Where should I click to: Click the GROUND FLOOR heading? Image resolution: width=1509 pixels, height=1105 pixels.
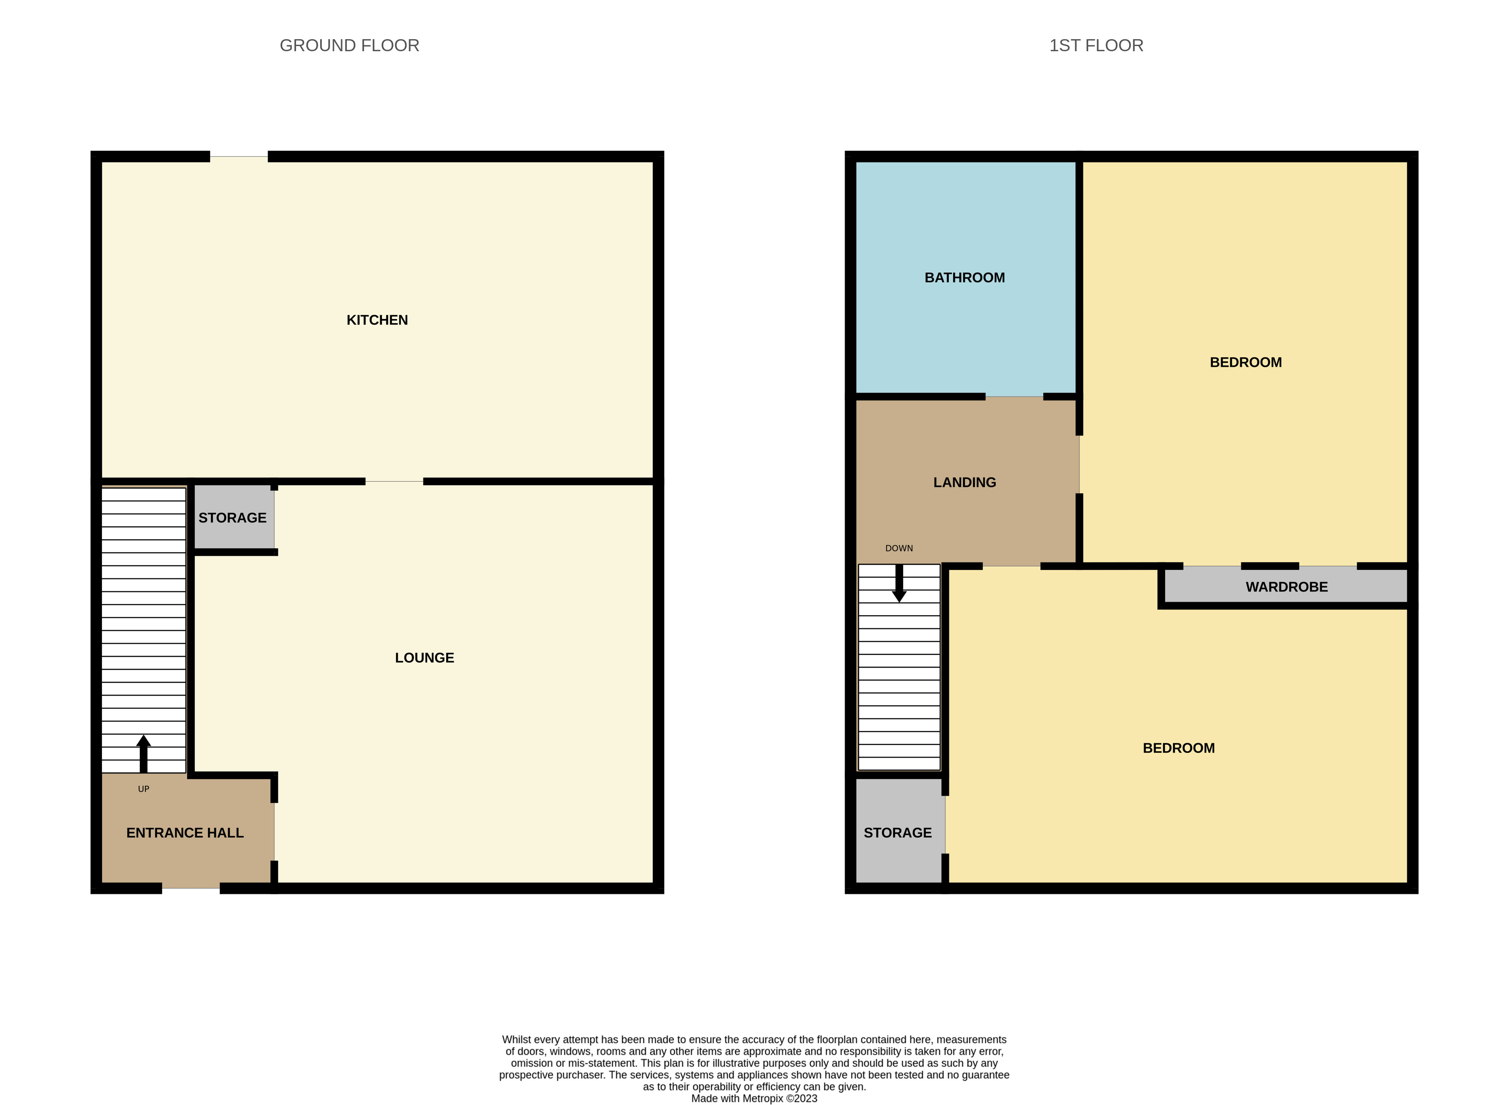coord(349,46)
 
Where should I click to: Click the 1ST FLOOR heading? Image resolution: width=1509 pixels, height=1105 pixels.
coord(1096,46)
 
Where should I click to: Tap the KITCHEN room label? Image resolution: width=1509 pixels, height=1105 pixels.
coord(377,320)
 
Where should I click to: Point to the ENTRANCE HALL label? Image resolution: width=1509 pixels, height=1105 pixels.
coord(185,833)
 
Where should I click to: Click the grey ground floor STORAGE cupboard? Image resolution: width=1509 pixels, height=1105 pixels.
coord(233,518)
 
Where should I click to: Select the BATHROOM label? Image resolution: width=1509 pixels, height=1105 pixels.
coord(964,278)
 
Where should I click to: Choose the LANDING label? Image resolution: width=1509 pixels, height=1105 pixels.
coord(964,482)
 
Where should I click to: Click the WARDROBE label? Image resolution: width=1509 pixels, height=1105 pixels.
coord(1287,587)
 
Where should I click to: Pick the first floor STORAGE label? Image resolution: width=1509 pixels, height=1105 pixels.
coord(897,833)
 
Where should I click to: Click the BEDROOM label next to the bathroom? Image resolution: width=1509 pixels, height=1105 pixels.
coord(1246,362)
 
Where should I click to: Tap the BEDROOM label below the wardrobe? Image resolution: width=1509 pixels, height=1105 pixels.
coord(1178,748)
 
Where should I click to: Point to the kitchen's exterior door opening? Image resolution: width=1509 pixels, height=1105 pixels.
coord(239,157)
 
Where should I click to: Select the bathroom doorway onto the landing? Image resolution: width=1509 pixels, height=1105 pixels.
coord(1014,396)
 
